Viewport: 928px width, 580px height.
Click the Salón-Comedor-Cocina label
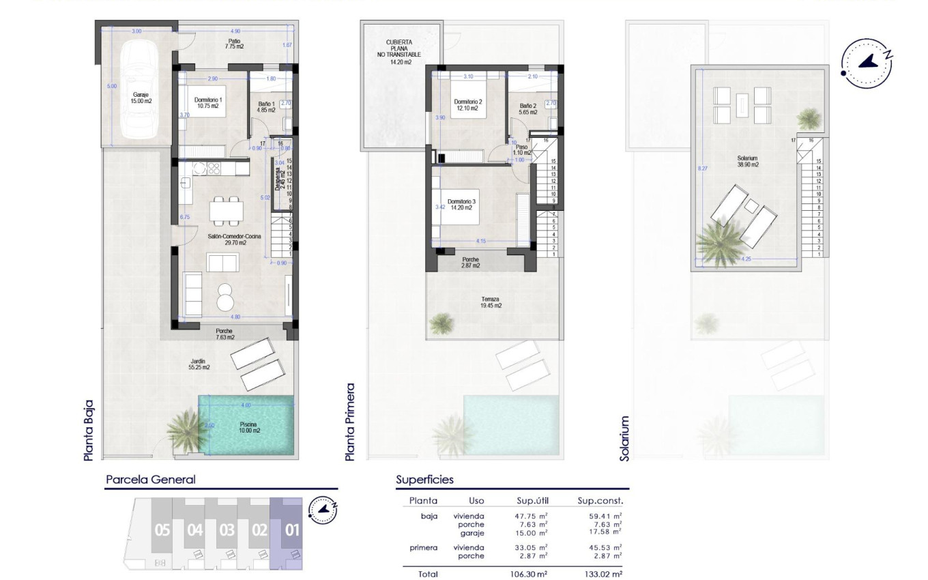(233, 237)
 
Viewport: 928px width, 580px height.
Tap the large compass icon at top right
(867, 63)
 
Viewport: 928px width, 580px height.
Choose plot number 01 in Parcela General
(292, 530)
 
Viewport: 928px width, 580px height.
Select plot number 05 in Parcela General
(162, 530)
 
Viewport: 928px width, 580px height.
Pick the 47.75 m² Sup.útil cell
(531, 517)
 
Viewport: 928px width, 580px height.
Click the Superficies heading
(424, 480)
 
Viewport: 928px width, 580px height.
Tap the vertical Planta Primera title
(351, 421)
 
